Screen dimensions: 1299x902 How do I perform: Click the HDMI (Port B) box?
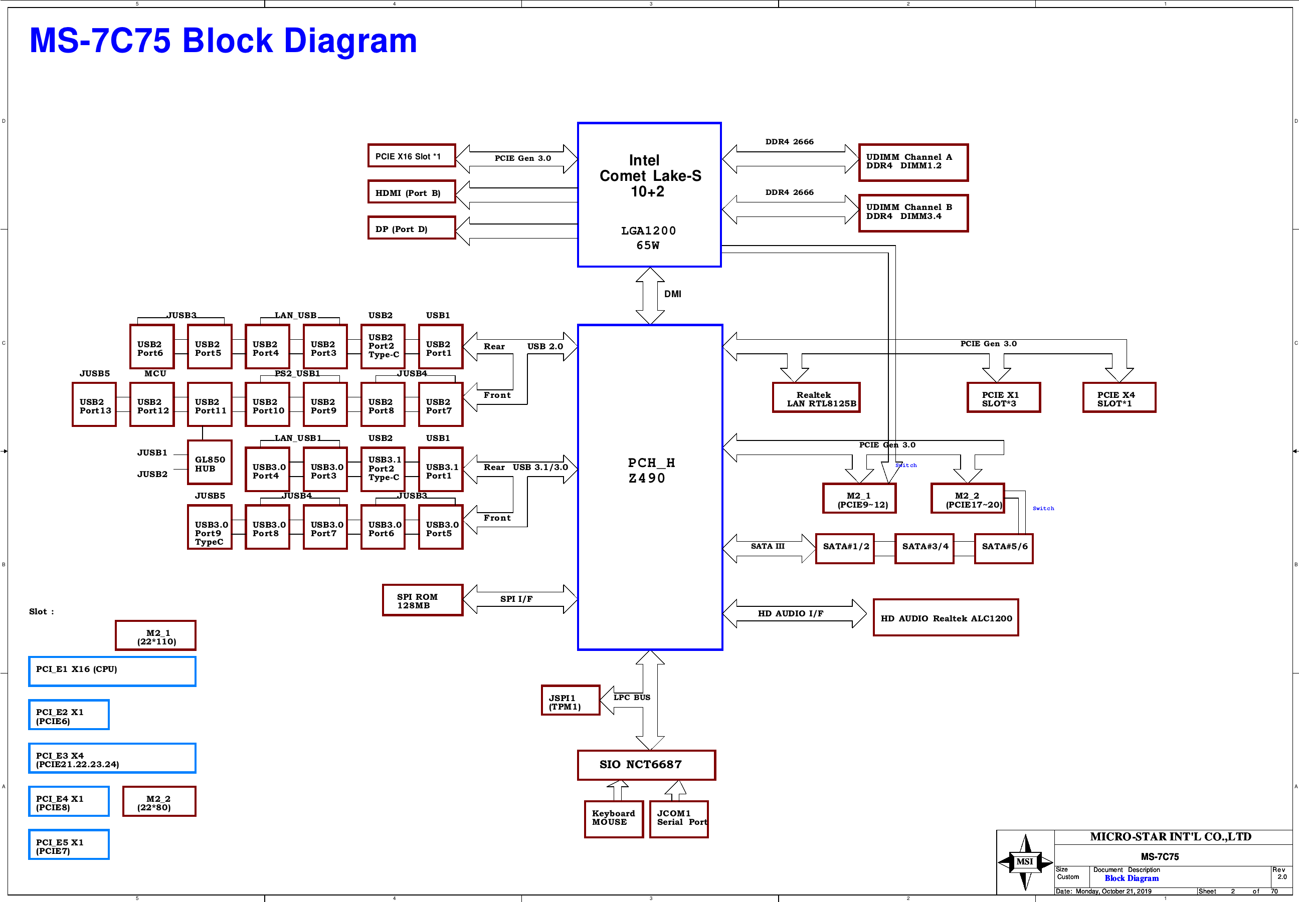(412, 191)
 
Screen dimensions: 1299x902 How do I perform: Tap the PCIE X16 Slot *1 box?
(412, 155)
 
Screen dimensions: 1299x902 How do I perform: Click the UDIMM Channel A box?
(913, 163)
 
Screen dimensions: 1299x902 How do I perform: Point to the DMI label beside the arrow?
(673, 294)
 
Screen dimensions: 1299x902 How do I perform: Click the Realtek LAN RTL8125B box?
(816, 398)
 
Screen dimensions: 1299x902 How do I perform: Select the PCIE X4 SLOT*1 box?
(1119, 398)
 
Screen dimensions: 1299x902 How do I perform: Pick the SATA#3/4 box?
(924, 549)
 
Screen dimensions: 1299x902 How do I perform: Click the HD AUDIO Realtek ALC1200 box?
(946, 618)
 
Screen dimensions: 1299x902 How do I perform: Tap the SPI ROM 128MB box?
(423, 600)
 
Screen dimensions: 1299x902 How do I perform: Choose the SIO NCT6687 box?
(647, 765)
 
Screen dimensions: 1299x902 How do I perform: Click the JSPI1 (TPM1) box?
(571, 700)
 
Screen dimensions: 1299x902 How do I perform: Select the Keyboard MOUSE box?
(614, 819)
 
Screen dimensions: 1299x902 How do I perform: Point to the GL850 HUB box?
(210, 463)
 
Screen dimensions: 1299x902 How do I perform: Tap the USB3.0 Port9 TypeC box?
(210, 527)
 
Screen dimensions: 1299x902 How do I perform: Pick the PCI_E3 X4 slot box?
(112, 758)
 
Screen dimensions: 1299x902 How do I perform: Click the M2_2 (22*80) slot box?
(159, 801)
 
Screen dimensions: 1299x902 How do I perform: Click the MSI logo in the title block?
(1025, 862)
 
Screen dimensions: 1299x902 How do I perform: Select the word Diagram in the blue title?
(350, 41)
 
